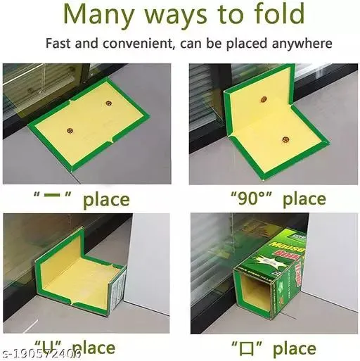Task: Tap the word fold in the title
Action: click(276, 15)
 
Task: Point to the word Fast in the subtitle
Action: click(61, 44)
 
